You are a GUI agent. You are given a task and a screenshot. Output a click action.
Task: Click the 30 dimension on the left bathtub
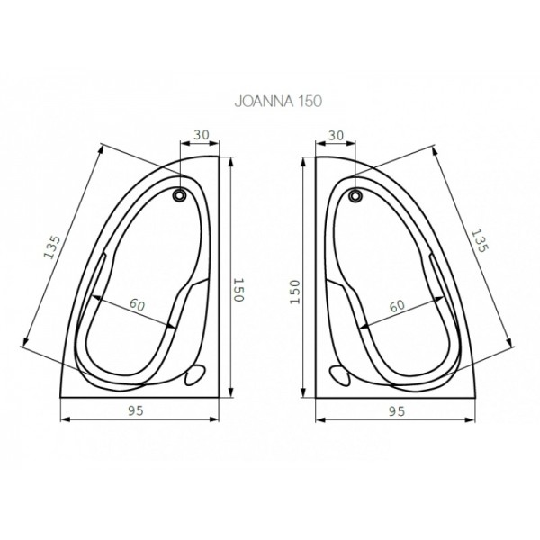click(x=201, y=135)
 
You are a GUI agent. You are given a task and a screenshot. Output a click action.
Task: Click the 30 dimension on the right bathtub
click(x=337, y=135)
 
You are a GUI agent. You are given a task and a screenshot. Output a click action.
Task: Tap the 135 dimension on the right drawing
click(x=481, y=238)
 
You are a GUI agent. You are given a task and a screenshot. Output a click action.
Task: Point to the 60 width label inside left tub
click(x=137, y=304)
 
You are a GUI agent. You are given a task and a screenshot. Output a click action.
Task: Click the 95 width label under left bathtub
click(x=137, y=410)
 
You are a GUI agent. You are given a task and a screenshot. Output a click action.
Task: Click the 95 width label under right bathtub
click(x=396, y=410)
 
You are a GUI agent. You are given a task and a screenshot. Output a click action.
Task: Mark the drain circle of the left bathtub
click(x=181, y=193)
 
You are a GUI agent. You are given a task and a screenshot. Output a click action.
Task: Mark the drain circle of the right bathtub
click(x=355, y=193)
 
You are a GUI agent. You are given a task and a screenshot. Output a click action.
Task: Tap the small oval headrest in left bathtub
click(x=193, y=375)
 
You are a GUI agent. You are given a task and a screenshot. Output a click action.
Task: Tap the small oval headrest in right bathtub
click(x=341, y=375)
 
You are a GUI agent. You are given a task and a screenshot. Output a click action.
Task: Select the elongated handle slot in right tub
click(x=440, y=278)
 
